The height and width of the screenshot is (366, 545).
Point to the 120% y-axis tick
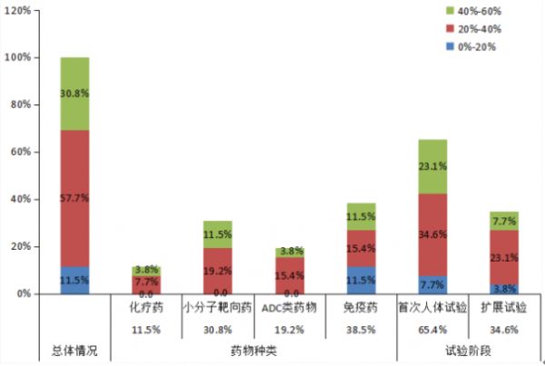[18, 10]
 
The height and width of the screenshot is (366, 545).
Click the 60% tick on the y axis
[20, 152]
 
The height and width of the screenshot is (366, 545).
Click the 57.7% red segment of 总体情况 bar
[74, 198]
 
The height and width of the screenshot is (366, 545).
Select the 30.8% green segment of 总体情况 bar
[74, 94]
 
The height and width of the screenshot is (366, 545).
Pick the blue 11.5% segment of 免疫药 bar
[361, 280]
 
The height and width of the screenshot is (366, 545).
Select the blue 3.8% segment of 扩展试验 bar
[503, 289]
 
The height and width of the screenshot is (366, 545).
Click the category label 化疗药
[145, 307]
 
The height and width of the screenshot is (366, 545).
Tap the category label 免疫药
[361, 307]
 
